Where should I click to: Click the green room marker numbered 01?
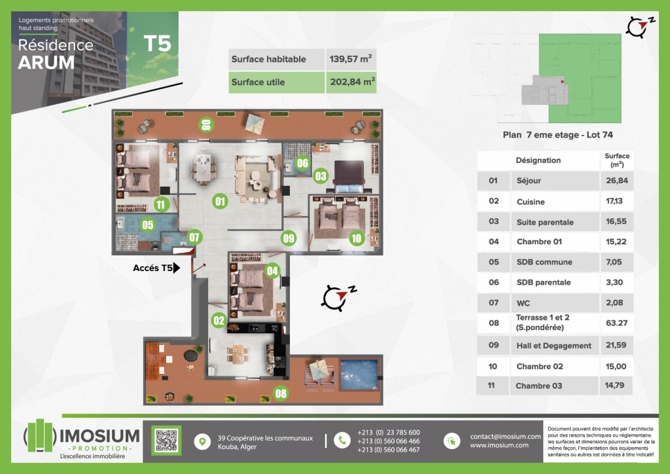coord(220,201)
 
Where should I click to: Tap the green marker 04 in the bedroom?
coord(272,270)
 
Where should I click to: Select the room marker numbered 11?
coord(161,204)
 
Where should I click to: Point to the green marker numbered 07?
coord(194,237)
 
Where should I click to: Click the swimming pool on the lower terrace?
coord(359,374)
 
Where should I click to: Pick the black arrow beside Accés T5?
coord(177,268)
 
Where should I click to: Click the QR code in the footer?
coord(166,440)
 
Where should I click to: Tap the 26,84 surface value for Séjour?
coord(616,180)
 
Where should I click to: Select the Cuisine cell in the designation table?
coord(530,202)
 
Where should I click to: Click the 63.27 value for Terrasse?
coord(616,323)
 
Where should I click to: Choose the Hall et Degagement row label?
coord(554,345)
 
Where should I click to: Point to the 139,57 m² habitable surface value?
coord(351,59)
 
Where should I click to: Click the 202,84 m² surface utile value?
coord(353,82)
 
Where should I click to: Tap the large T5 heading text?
coord(157,44)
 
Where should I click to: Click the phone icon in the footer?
coord(342,440)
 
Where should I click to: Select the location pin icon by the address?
coord(202,441)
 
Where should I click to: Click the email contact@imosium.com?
coord(505,437)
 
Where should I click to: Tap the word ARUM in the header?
coord(46,63)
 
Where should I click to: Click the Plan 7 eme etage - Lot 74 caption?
coord(557,135)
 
